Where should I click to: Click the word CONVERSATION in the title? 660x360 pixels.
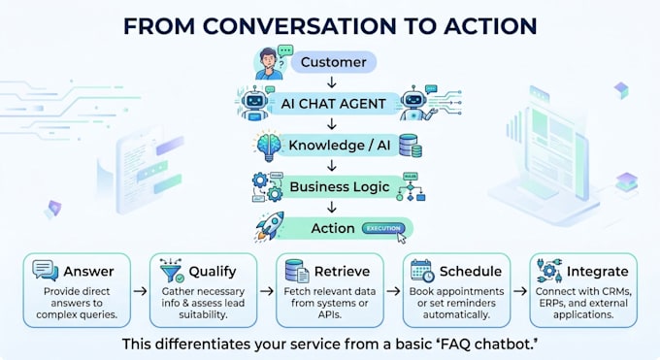click(x=299, y=26)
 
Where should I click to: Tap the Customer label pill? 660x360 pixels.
click(x=333, y=62)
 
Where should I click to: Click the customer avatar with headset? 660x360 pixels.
click(x=271, y=63)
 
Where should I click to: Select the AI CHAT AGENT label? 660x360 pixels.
click(x=333, y=104)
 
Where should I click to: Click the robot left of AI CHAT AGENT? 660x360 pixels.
click(x=254, y=103)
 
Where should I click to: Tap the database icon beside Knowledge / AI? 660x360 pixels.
click(x=411, y=146)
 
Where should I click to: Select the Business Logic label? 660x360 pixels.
click(x=340, y=186)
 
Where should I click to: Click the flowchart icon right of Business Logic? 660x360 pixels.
click(x=411, y=186)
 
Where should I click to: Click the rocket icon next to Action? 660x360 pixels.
click(x=270, y=226)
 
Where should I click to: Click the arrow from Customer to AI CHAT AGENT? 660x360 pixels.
click(x=332, y=82)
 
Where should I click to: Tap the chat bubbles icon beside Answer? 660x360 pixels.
click(x=46, y=271)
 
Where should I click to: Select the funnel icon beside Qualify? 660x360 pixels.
click(x=172, y=271)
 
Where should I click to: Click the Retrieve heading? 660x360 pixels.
click(x=342, y=272)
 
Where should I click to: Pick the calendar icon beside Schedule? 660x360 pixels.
click(x=422, y=271)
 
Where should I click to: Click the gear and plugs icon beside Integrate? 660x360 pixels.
click(x=549, y=271)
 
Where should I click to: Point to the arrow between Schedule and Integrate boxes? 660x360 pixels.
click(x=520, y=291)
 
